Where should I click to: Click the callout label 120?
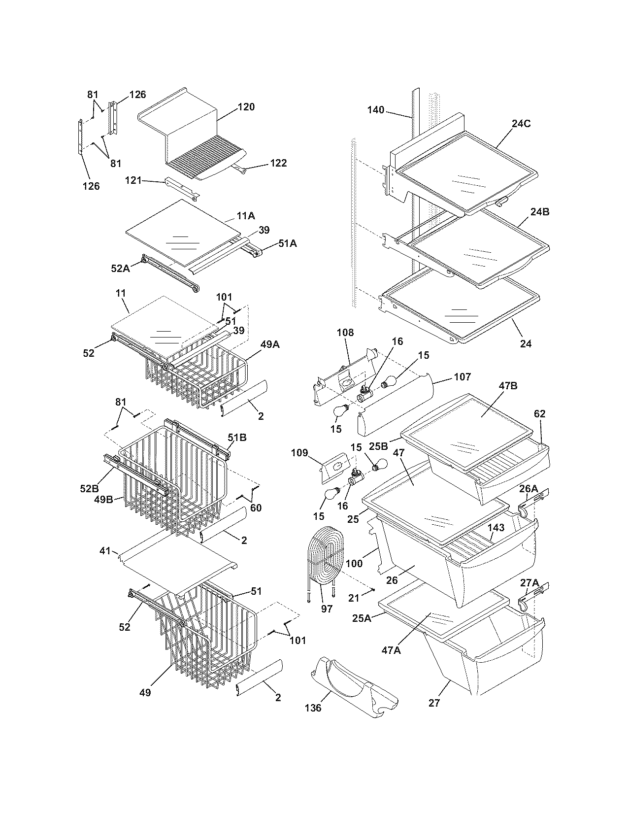point(246,107)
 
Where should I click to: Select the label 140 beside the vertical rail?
point(375,110)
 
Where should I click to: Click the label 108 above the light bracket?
point(345,333)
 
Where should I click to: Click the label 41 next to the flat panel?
point(105,551)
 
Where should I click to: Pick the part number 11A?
point(246,216)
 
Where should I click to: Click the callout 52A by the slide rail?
point(120,268)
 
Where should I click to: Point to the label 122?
point(278,163)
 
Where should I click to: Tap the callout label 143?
point(496,528)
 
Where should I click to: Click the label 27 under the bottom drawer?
point(434,703)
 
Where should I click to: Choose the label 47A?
point(391,650)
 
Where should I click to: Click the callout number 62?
point(539,414)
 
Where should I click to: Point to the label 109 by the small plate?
point(299,453)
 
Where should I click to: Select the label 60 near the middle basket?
point(256,508)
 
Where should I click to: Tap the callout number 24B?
point(539,212)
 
